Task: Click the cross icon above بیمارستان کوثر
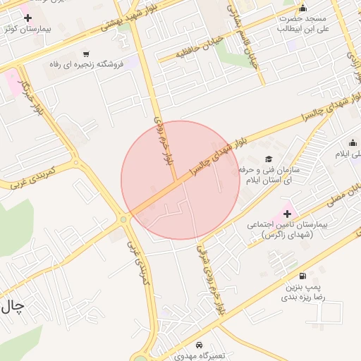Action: (27, 17)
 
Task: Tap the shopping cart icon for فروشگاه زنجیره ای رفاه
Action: (86, 54)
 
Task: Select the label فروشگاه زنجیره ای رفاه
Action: (87, 64)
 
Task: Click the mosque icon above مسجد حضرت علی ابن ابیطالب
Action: (303, 8)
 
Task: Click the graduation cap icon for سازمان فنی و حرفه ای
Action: (268, 159)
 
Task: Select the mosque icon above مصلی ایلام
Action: (353, 143)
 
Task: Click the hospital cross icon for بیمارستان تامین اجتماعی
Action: (287, 214)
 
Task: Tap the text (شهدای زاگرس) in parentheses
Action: (288, 234)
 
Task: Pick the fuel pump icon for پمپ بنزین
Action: (303, 276)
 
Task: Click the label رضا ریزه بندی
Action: (303, 297)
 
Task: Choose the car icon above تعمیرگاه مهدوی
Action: (200, 345)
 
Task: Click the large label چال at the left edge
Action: (13, 305)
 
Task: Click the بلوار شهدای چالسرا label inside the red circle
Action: (212, 151)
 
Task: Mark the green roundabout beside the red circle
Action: (124, 219)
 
